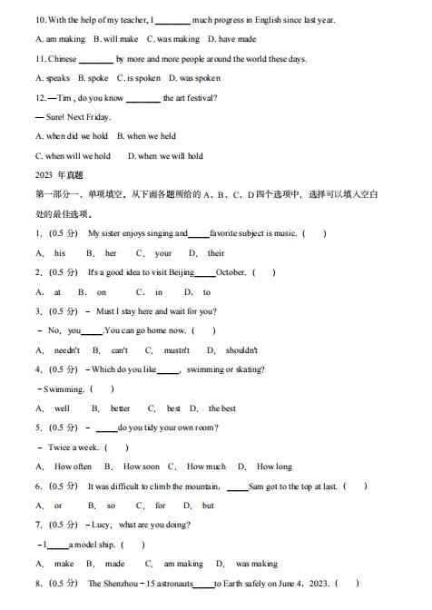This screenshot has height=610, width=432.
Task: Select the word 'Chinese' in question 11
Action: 55,59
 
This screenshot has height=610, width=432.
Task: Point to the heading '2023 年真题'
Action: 59,175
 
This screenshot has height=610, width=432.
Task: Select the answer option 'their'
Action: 216,253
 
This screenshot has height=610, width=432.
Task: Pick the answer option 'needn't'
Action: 67,350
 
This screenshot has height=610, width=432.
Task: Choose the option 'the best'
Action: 221,408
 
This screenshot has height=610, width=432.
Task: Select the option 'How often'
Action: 73,467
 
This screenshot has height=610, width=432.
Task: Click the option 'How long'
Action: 274,467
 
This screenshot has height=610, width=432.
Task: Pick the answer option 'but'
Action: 208,506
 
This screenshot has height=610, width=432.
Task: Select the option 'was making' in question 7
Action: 256,564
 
